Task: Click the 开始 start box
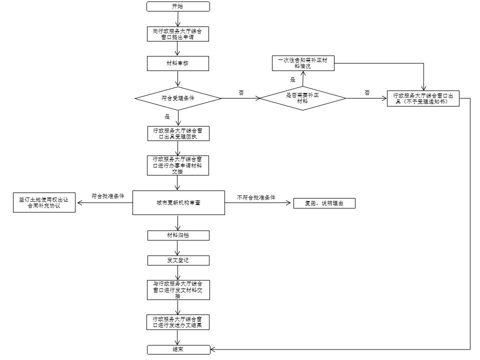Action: pos(178,6)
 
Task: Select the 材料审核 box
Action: pos(178,63)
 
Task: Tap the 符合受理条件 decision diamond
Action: pos(178,98)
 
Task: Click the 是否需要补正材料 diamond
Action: pos(303,98)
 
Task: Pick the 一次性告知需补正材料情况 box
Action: pos(303,63)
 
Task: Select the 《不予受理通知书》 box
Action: pos(423,98)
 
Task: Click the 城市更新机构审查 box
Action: pos(178,202)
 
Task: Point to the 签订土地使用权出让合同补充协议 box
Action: pos(44,202)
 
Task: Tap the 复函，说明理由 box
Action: pos(324,203)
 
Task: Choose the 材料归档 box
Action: pos(178,235)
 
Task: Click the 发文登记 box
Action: pos(178,260)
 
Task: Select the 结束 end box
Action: pos(178,349)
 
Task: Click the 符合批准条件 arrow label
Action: pos(108,196)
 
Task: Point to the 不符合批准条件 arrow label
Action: pos(256,198)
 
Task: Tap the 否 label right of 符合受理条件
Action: pos(241,93)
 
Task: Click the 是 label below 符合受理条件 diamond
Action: pos(167,116)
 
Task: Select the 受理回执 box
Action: pos(178,133)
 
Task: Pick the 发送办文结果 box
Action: pos(178,322)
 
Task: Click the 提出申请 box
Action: pos(177,34)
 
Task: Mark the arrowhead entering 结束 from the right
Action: pos(213,349)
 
